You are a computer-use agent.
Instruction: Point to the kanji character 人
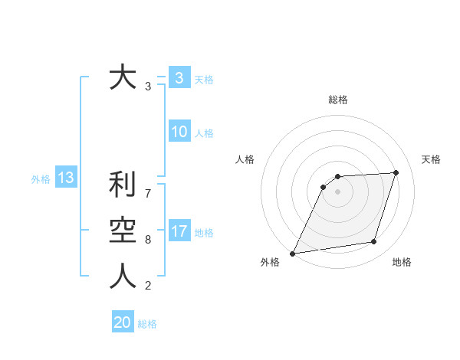click(x=123, y=277)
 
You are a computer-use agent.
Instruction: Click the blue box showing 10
click(x=179, y=132)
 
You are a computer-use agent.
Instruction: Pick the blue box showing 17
click(x=179, y=231)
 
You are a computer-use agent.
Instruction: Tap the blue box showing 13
click(x=66, y=178)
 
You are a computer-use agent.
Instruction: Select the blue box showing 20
click(x=123, y=322)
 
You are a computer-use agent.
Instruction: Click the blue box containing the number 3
click(x=179, y=78)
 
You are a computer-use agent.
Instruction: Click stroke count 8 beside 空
click(x=148, y=239)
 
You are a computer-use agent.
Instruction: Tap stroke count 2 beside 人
click(x=148, y=286)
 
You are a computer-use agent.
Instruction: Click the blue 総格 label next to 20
click(x=147, y=324)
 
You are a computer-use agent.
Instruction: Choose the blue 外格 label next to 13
click(x=41, y=179)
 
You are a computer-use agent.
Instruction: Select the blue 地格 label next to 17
click(x=204, y=233)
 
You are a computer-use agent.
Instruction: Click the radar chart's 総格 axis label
click(x=338, y=100)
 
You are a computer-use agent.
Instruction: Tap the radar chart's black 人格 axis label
click(x=245, y=159)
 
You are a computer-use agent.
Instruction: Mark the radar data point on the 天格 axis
click(x=396, y=172)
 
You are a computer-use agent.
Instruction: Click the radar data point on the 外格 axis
click(x=292, y=254)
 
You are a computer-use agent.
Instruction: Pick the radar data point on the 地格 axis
click(x=374, y=242)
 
